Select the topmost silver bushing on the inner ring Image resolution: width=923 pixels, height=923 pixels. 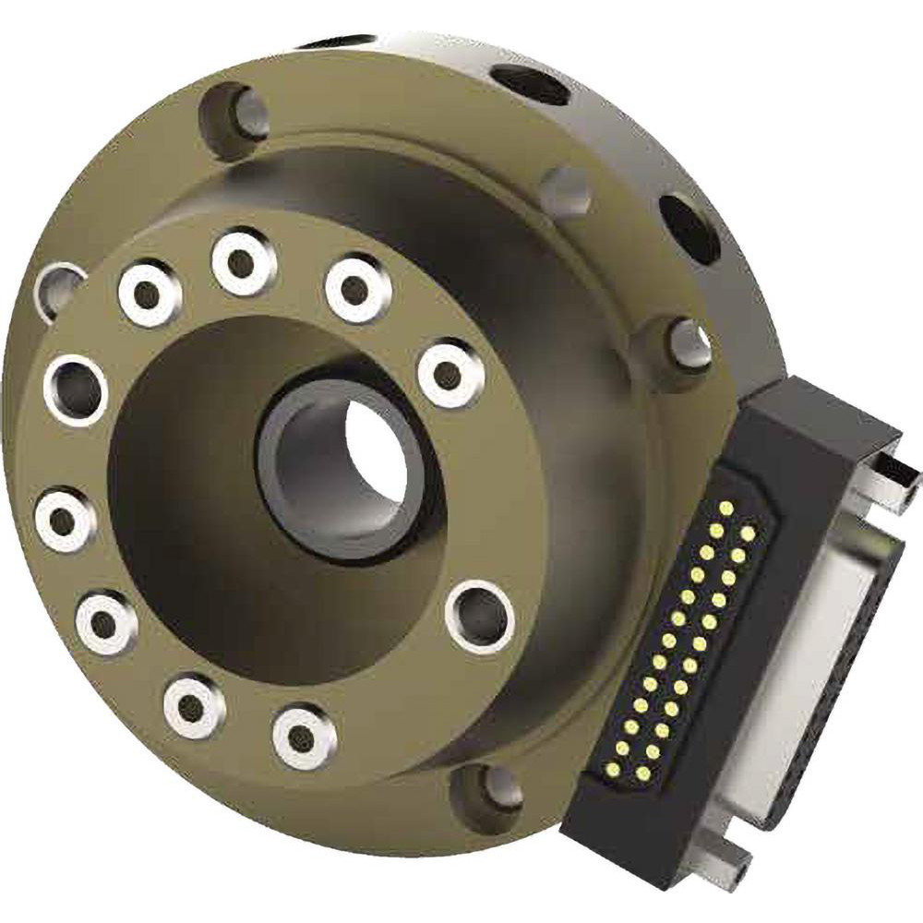244,261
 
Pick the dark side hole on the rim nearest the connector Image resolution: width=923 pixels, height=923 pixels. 689,227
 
